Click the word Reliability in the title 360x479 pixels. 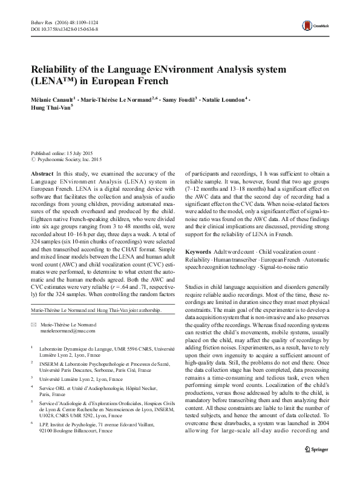(x=59, y=68)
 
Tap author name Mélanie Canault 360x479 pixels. (x=53, y=98)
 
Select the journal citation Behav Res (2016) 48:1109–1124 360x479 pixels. (x=63, y=22)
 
